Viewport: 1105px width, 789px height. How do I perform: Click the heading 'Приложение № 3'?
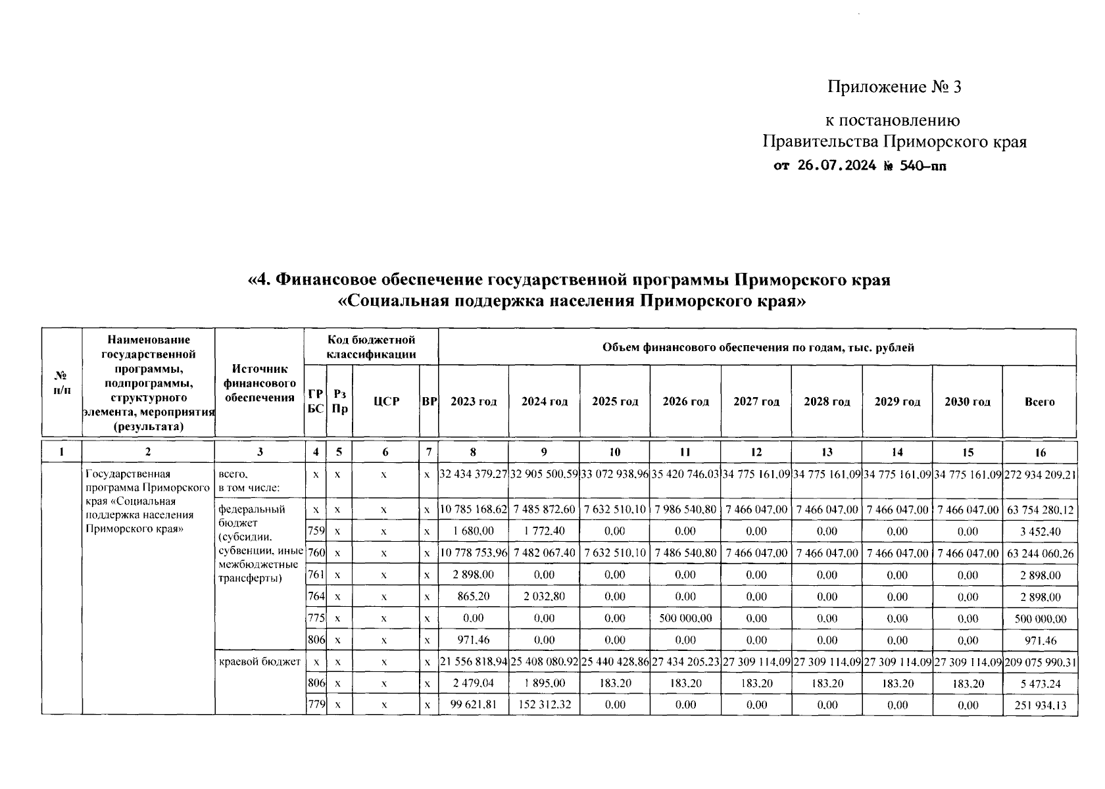point(894,87)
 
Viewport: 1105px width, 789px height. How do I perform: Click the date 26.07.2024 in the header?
point(836,166)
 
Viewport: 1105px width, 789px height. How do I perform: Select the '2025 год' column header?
point(614,402)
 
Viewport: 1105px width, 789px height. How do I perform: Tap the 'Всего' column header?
point(1039,402)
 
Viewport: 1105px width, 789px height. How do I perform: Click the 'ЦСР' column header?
point(386,402)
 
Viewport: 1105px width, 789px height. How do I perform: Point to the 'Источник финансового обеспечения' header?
point(259,383)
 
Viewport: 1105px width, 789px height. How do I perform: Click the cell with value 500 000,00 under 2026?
point(685,619)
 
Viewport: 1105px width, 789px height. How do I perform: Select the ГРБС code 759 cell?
point(316,531)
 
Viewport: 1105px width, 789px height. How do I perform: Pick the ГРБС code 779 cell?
point(316,705)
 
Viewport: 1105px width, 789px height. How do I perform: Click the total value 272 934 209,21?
point(1039,474)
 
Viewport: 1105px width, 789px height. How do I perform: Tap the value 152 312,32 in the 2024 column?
point(544,705)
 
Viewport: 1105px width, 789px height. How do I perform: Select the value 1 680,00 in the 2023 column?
point(473,531)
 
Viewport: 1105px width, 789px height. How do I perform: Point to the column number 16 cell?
point(1039,452)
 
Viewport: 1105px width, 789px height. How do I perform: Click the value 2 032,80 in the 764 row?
point(544,597)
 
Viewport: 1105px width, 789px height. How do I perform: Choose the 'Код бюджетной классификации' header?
point(372,347)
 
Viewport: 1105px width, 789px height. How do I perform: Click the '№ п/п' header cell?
point(61,383)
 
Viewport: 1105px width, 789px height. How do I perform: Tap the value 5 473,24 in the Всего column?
point(1039,684)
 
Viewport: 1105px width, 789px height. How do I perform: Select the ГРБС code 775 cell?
point(316,619)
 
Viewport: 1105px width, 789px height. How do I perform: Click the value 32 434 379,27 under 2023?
point(473,474)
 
